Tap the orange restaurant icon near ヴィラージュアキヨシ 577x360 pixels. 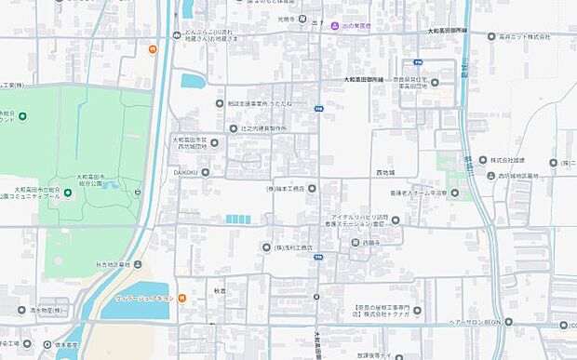[182, 298]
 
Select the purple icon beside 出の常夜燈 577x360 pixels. [334, 25]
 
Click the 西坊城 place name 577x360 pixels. [385, 173]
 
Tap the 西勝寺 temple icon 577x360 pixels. [355, 243]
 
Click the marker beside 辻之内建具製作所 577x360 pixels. [234, 127]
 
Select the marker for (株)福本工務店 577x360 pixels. [313, 188]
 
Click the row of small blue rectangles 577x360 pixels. [237, 220]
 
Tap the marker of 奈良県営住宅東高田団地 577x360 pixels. [435, 82]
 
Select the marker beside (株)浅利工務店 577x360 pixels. [266, 247]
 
